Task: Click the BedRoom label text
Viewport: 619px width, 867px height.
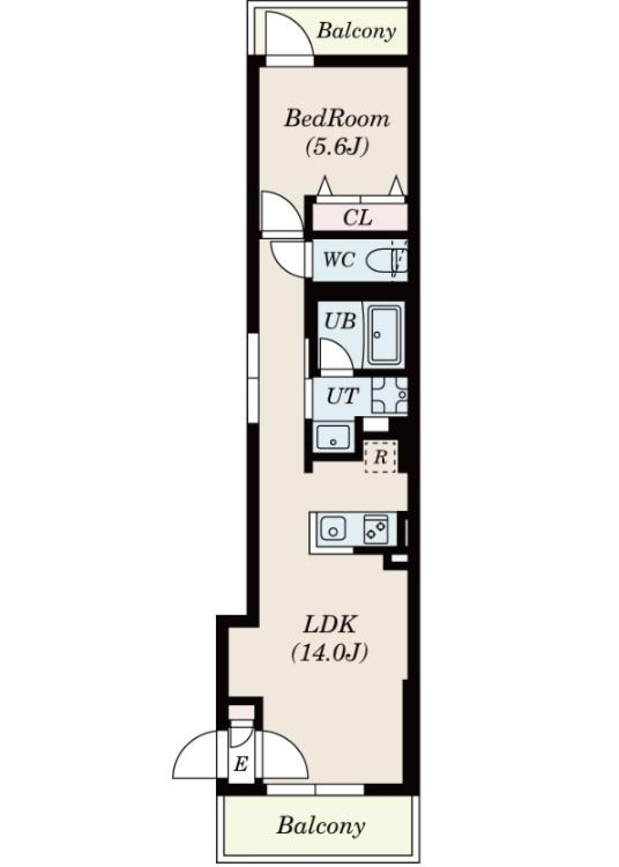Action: (x=337, y=119)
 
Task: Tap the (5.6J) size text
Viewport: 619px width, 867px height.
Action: (x=337, y=146)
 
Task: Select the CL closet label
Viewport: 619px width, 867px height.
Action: (x=357, y=218)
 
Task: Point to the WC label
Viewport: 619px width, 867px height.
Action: (x=339, y=259)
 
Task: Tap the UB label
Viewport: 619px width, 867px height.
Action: (x=340, y=321)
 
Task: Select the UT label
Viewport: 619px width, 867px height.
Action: (x=342, y=396)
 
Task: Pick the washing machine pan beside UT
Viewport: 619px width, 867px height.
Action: (x=389, y=395)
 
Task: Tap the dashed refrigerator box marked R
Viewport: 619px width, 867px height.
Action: (x=380, y=457)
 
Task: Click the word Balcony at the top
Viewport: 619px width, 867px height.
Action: (x=357, y=31)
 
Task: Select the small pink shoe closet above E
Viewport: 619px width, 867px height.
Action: (x=241, y=712)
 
